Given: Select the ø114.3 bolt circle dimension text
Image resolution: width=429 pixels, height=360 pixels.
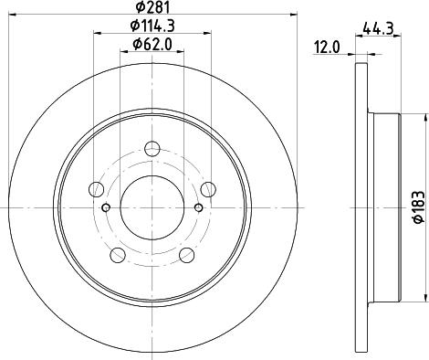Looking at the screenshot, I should click(152, 26).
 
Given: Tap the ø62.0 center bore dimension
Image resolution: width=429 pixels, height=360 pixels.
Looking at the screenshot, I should click(152, 44).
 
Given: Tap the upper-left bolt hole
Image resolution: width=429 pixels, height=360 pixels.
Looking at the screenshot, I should click(95, 190).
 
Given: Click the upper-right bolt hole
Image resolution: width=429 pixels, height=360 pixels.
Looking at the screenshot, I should click(208, 190).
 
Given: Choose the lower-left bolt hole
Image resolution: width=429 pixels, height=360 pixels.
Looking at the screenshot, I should click(117, 256).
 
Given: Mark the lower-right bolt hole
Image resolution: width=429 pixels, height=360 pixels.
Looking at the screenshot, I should click(186, 256).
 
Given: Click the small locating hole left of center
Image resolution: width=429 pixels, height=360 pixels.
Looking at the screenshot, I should click(106, 207).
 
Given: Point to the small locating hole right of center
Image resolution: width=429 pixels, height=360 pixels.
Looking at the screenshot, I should click(197, 207).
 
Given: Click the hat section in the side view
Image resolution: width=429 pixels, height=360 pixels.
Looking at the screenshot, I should click(388, 208).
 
